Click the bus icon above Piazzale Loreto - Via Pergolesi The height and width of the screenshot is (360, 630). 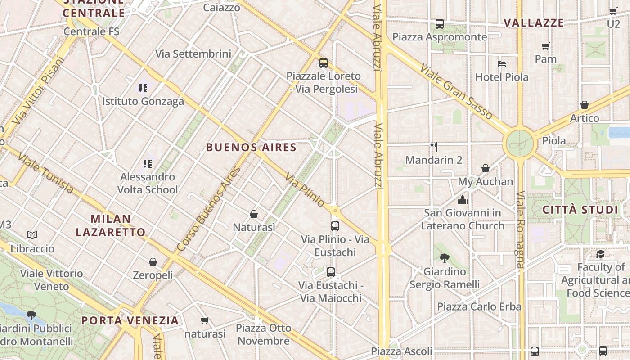[x=323, y=63]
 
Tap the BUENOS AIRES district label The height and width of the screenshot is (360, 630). [x=251, y=147]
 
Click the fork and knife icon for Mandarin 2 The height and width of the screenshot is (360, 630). [x=434, y=147]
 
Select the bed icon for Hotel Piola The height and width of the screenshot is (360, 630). [x=502, y=64]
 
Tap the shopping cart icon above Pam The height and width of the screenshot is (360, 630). [x=546, y=46]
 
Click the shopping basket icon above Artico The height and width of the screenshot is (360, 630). [x=584, y=105]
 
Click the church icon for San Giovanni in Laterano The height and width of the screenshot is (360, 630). [x=463, y=200]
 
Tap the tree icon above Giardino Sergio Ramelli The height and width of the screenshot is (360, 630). [x=445, y=258]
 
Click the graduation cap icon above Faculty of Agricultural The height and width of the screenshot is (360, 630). [x=600, y=255]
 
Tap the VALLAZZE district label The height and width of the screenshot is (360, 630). [x=533, y=23]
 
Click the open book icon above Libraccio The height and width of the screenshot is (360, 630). [x=32, y=235]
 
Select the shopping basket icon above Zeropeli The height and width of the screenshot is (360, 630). [x=153, y=262]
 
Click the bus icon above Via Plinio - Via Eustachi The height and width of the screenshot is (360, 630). [x=335, y=226]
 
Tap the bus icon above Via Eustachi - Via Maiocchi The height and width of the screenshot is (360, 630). [x=331, y=272]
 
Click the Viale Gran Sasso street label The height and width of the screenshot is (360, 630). [x=456, y=92]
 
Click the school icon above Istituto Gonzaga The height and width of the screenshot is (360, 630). [x=143, y=88]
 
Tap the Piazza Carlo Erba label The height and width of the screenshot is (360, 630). [x=479, y=307]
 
